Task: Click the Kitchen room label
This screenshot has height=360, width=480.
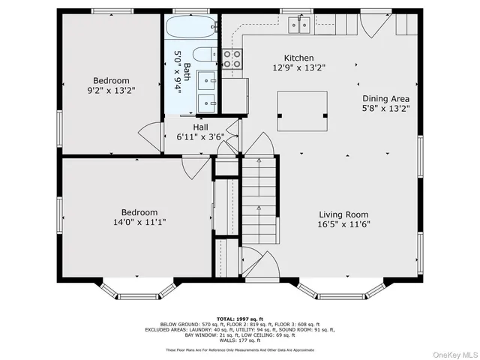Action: click(x=298, y=58)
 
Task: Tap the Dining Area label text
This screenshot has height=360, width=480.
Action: click(x=385, y=98)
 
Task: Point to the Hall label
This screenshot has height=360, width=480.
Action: click(x=201, y=127)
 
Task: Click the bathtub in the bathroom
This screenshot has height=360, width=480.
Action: click(x=191, y=30)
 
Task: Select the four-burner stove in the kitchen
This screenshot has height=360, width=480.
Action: click(x=232, y=59)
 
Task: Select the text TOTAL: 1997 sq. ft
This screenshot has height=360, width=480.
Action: click(x=241, y=319)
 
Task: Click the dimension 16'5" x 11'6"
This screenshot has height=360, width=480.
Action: click(x=344, y=223)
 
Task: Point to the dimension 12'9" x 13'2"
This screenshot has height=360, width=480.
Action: click(x=298, y=67)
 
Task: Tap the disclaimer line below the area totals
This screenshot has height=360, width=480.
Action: click(x=241, y=349)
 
